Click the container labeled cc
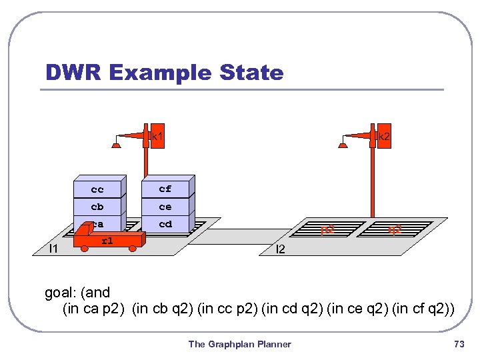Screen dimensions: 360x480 (x=97, y=189)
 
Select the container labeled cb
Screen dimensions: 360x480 (x=97, y=207)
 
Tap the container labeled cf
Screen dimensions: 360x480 (x=165, y=189)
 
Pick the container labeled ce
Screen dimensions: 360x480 (x=165, y=207)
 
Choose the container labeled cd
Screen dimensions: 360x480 (x=165, y=224)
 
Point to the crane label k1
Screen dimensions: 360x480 (x=158, y=137)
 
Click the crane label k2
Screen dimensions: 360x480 (x=384, y=137)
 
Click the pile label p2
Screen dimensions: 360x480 (x=327, y=230)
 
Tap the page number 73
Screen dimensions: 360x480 (x=458, y=344)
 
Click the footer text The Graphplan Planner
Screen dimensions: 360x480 (x=239, y=344)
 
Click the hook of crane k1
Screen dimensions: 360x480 (x=117, y=143)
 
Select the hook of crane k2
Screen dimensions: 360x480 (x=343, y=143)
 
